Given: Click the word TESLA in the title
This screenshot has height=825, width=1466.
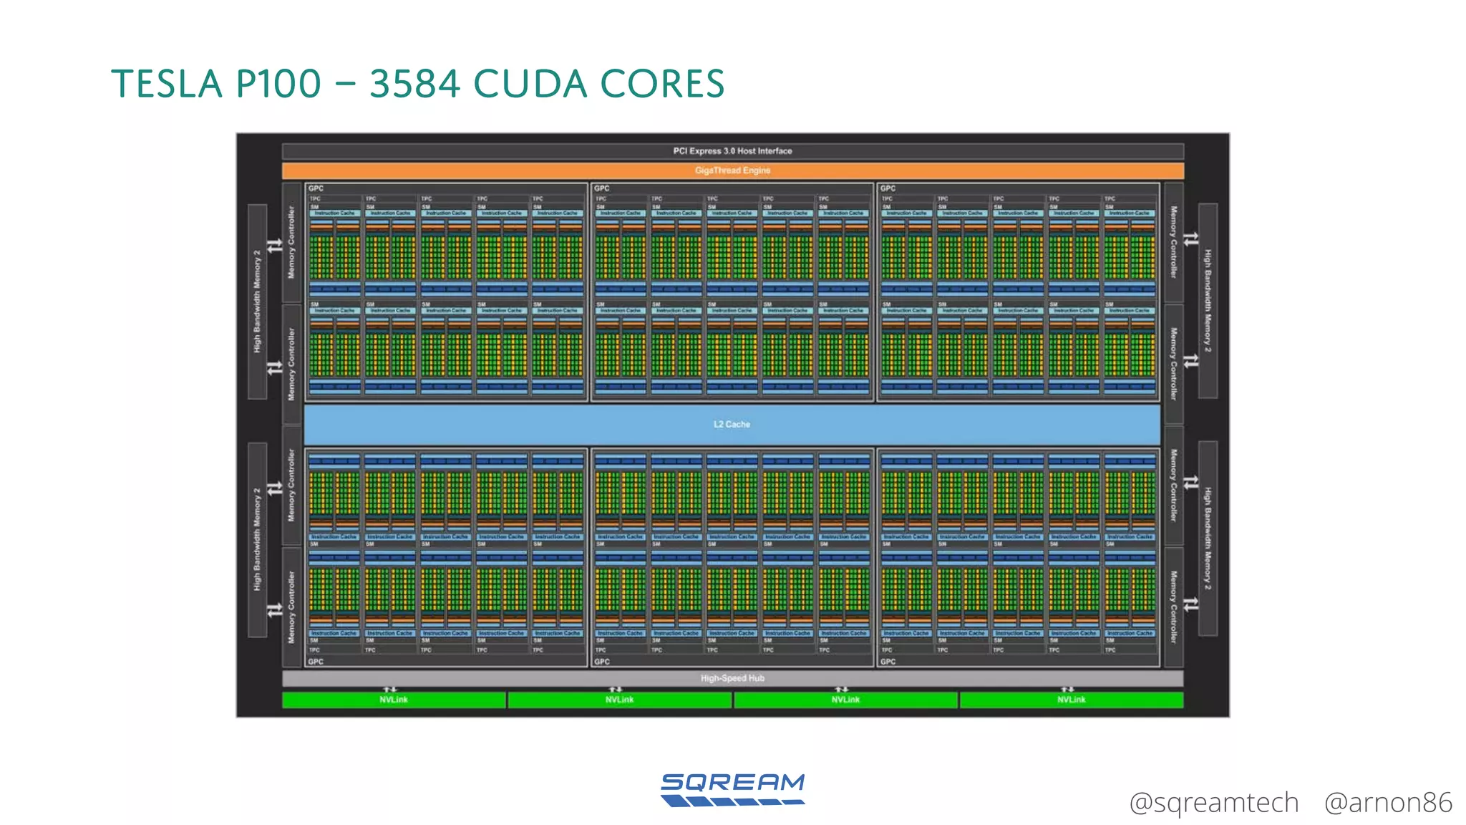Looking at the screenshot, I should [167, 84].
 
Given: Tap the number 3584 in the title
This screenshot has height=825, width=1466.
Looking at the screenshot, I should [414, 84].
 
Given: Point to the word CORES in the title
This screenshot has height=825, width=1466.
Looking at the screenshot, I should [662, 84].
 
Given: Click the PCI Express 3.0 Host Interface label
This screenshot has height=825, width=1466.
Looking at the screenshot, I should [732, 151].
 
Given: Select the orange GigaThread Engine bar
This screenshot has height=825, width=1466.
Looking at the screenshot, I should [732, 170].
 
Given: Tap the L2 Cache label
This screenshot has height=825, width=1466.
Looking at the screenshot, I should [732, 424].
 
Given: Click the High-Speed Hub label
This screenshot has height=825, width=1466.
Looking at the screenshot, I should [732, 678].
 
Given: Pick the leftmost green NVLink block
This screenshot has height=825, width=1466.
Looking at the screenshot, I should [394, 700].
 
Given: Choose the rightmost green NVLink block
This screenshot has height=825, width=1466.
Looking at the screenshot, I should [1071, 700].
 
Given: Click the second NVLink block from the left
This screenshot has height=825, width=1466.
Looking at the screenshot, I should [619, 700].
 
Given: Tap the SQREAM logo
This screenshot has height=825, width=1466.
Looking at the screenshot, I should [733, 789].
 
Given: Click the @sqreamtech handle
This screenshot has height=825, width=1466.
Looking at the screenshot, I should [1213, 803].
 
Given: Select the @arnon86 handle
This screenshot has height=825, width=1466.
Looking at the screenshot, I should [1388, 803].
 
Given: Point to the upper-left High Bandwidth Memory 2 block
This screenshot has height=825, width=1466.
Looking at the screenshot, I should [257, 301].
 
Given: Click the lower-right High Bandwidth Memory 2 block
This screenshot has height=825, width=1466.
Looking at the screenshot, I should [1208, 539].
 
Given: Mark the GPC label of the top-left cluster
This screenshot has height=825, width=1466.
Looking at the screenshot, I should [316, 188].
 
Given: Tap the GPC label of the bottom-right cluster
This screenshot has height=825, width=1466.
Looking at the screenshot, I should [888, 662].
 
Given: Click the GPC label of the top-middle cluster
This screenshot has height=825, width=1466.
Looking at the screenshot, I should [602, 188].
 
